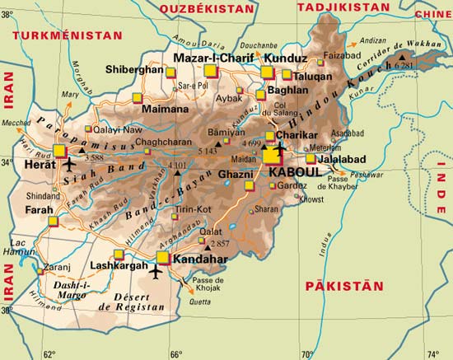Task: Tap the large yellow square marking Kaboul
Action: tap(272, 156)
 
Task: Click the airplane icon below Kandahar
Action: tap(156, 272)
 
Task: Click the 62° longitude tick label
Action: tap(49, 353)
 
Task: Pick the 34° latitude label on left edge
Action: tap(7, 161)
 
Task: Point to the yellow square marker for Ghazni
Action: tap(250, 185)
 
